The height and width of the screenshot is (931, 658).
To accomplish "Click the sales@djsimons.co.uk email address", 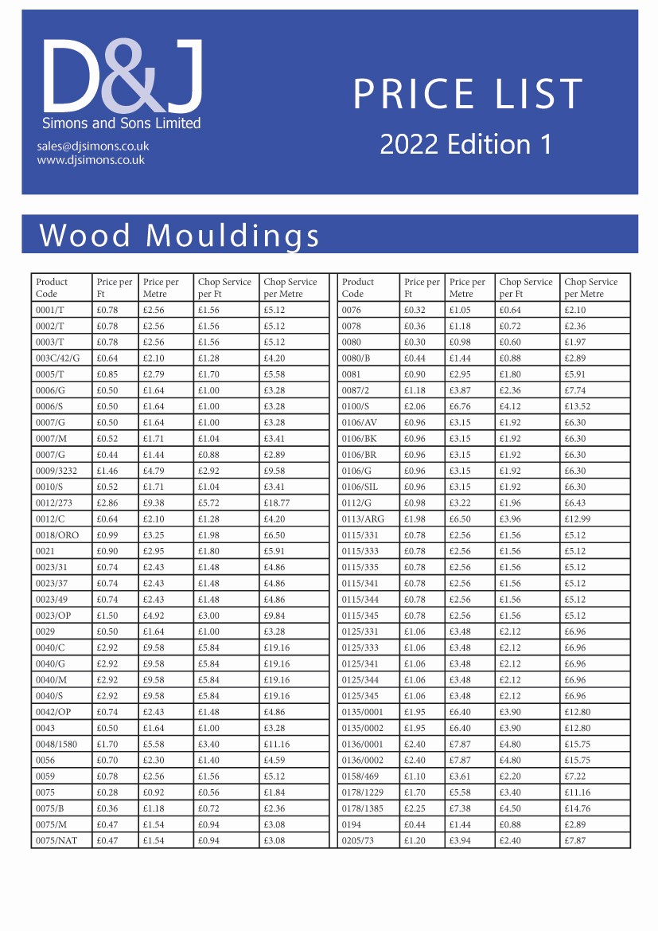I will [92, 147].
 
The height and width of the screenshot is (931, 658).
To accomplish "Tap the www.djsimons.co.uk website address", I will [90, 160].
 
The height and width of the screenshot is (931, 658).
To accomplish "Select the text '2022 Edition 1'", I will [465, 144].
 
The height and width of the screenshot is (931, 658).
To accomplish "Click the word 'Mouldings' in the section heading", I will [233, 236].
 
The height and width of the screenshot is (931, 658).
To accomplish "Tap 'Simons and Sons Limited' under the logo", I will [121, 123].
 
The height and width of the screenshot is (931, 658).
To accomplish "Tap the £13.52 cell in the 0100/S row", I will [578, 406].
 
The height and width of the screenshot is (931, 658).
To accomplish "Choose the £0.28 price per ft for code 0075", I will [107, 792].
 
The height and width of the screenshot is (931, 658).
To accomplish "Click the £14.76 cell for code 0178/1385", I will [578, 808].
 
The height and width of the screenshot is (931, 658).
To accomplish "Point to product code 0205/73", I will [358, 840].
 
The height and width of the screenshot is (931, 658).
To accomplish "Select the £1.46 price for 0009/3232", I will [107, 471].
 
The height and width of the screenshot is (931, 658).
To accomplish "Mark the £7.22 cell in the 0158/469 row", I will [575, 776].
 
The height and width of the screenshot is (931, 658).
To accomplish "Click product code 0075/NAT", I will [56, 840].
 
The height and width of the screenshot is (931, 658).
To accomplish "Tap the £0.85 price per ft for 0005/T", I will [107, 374].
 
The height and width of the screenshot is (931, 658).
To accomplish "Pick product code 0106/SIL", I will [361, 487].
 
